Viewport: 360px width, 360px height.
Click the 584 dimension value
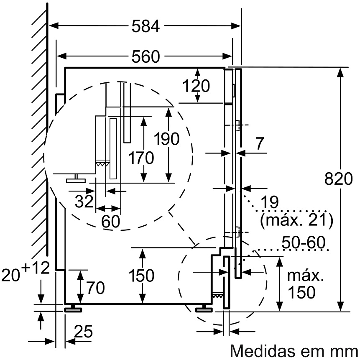coord(146,26)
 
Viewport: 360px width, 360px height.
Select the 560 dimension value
coord(146,56)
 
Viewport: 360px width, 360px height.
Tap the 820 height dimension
coord(338,179)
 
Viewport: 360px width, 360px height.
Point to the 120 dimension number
coord(196,86)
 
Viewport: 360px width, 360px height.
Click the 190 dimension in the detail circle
coord(166,139)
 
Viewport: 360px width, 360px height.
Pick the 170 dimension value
coord(141,158)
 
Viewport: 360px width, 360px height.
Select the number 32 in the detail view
coord(84,201)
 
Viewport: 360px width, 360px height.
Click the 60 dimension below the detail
coord(111,221)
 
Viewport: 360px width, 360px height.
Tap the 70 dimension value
coord(96,288)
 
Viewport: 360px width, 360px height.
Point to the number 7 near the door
coord(260,144)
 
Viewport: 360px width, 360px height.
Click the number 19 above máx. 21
coord(270,202)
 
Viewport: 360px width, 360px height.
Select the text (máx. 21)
coord(296,220)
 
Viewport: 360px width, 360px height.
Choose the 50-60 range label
coord(304,242)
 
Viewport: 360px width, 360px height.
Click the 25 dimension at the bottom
coord(84,331)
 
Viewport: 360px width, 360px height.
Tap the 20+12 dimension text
coord(26,272)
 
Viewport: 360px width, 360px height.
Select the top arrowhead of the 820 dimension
coord(340,73)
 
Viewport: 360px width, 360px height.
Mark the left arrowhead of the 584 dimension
coord(54,26)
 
